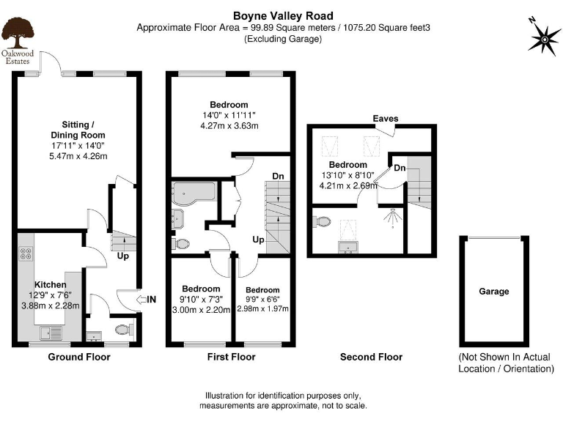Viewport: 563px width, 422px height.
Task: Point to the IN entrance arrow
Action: (x=147, y=299)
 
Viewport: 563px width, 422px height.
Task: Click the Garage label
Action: (x=493, y=292)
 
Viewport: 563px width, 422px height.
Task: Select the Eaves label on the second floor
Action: (x=385, y=119)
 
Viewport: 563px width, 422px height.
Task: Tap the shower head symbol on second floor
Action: (x=394, y=216)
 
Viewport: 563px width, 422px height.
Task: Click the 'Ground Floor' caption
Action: (x=78, y=357)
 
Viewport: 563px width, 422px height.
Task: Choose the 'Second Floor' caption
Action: (x=371, y=357)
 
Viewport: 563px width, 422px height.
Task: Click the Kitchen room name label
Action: (x=51, y=284)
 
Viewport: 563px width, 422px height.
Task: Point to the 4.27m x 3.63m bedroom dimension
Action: (x=228, y=126)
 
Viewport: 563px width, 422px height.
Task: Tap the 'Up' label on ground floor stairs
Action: (x=122, y=257)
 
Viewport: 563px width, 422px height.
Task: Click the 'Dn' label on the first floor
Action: (x=277, y=177)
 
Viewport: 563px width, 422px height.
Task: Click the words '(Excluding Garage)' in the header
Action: (x=283, y=39)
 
